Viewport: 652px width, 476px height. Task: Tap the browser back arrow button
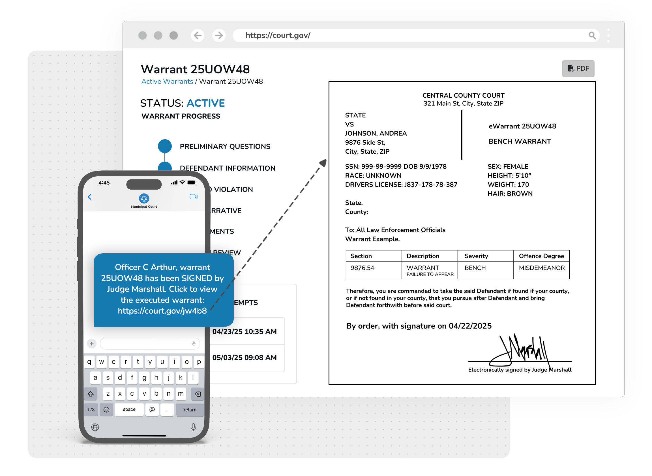(x=197, y=35)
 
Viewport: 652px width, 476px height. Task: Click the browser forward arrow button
(x=219, y=35)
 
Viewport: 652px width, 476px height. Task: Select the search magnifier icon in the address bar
(x=591, y=35)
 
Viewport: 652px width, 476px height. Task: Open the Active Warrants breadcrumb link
(x=167, y=82)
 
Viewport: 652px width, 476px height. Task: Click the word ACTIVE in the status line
(x=205, y=103)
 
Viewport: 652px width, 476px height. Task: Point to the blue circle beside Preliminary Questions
(x=164, y=146)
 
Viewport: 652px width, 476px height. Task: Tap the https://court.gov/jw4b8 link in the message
(x=162, y=311)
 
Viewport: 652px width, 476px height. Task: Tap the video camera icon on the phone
(x=193, y=197)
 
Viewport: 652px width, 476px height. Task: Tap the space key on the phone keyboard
(x=129, y=409)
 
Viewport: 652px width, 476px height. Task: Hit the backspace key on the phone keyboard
(x=198, y=394)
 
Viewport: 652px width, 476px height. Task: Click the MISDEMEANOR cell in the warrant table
(x=541, y=268)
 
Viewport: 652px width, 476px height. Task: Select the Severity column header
(x=476, y=256)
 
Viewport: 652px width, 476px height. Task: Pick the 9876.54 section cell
(x=362, y=268)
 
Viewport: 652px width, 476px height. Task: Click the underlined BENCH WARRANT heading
(x=520, y=141)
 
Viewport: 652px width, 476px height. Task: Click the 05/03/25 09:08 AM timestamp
(x=244, y=358)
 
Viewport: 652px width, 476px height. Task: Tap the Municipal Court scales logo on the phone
(x=144, y=198)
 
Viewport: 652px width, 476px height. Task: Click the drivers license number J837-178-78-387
(x=430, y=185)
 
